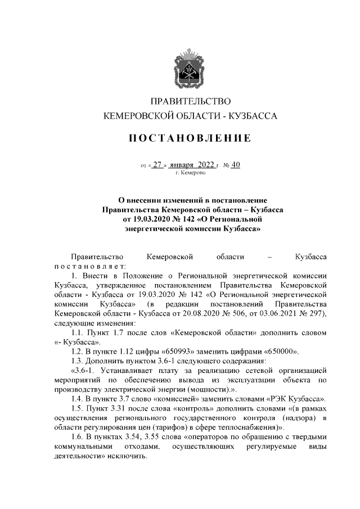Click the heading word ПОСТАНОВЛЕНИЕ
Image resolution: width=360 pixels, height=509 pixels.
tap(191, 138)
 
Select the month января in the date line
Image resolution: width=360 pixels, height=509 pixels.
tap(182, 165)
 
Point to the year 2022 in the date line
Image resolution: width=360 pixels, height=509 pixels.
tap(206, 165)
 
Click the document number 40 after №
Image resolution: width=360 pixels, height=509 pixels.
tap(235, 165)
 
